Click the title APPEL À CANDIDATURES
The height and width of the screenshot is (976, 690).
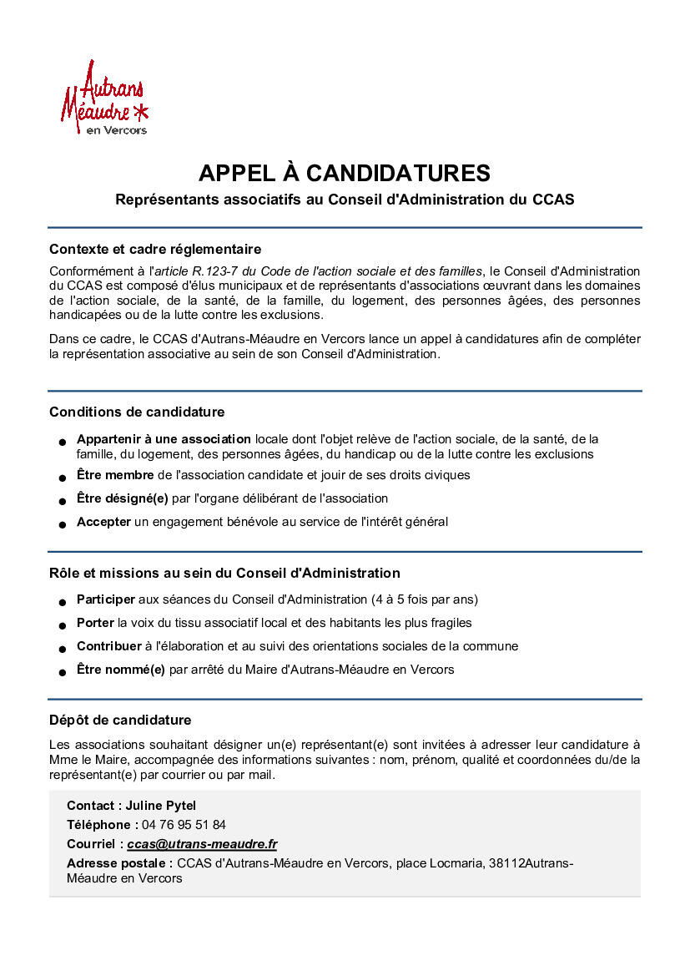(x=344, y=173)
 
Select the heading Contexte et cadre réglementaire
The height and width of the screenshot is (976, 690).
(x=155, y=249)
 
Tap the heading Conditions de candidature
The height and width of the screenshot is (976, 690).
(x=137, y=412)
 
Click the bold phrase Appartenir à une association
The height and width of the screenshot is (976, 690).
(x=164, y=438)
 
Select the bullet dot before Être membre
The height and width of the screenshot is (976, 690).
(x=63, y=478)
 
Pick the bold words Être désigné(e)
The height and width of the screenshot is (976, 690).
(x=122, y=498)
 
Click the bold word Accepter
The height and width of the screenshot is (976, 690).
(x=103, y=522)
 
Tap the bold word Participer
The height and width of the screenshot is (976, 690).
(x=106, y=599)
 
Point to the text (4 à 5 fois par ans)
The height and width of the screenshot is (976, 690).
(x=425, y=599)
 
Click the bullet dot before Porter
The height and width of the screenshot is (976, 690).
(x=63, y=625)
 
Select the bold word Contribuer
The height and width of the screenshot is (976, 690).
(x=109, y=646)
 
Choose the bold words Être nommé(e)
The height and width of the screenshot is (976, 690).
(x=121, y=670)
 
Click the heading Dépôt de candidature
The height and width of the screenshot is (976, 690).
(x=120, y=720)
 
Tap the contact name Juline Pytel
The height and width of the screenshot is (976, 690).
(x=161, y=806)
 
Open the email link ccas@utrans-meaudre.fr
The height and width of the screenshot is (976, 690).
(x=202, y=845)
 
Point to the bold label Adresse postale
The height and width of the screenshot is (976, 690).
(x=119, y=863)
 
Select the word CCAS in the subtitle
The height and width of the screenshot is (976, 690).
(x=553, y=200)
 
